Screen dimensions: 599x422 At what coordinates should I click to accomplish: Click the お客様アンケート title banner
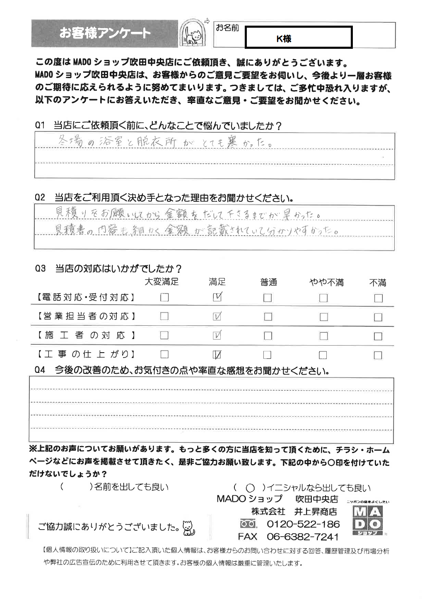tap(105, 33)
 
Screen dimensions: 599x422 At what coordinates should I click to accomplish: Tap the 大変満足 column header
tap(162, 282)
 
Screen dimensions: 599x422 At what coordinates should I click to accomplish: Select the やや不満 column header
tap(326, 283)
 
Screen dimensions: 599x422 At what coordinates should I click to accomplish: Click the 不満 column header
tap(377, 283)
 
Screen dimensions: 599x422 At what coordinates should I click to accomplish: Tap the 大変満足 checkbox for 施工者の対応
tap(164, 335)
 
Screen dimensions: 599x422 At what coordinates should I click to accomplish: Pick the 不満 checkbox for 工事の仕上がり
tap(378, 355)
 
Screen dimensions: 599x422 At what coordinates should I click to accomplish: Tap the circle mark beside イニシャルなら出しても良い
tap(250, 488)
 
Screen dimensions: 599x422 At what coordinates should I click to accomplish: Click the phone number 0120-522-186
tap(303, 524)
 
